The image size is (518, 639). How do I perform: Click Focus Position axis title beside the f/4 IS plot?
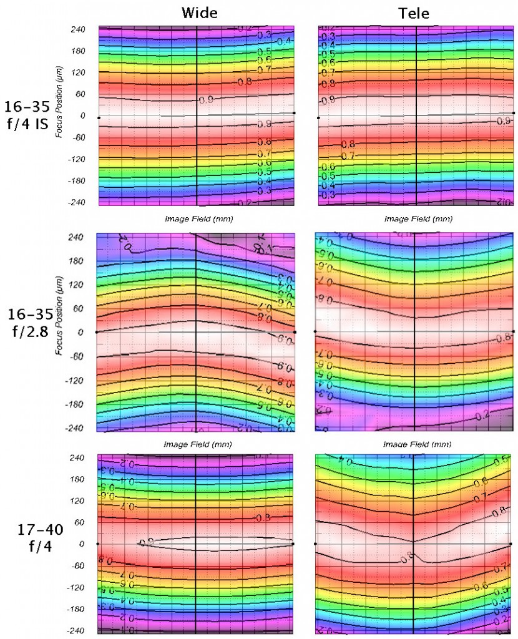tap(59, 102)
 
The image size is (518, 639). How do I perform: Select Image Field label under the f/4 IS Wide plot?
tap(195, 218)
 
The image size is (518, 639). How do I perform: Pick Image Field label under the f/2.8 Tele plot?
tap(416, 444)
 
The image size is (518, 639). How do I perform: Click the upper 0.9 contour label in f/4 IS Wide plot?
tap(206, 99)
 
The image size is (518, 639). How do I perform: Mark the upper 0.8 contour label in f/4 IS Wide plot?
tap(245, 82)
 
